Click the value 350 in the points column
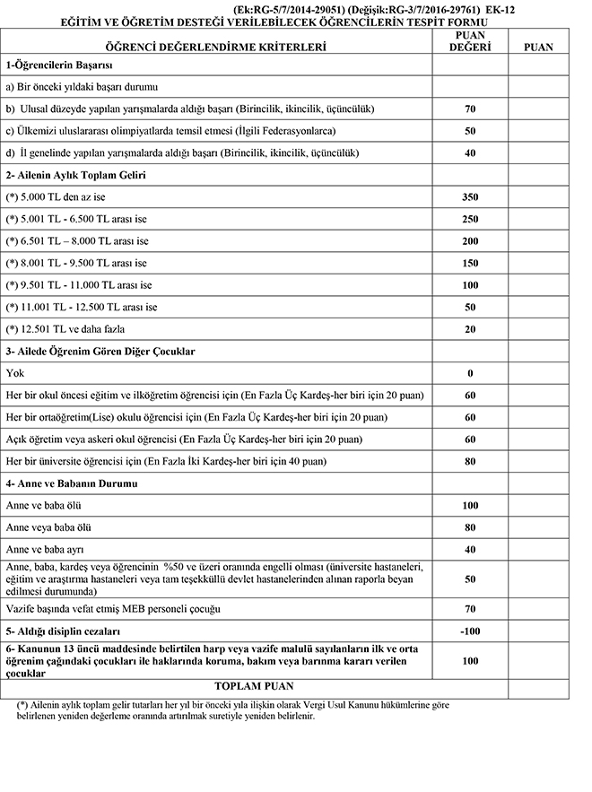(x=470, y=196)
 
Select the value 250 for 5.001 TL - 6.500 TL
(x=470, y=219)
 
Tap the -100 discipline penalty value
(x=470, y=629)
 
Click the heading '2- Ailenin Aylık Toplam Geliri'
(x=75, y=175)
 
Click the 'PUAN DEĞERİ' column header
(x=470, y=39)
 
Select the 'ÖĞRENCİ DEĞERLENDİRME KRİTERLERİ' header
(x=215, y=46)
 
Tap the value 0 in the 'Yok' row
(x=470, y=373)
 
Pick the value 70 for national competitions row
(x=470, y=109)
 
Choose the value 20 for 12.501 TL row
(x=470, y=329)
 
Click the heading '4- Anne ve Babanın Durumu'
(x=70, y=484)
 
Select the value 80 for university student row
(x=470, y=462)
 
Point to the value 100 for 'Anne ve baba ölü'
(x=470, y=506)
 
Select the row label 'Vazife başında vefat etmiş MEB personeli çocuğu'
(x=113, y=609)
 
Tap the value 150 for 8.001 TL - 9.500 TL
(x=470, y=263)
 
